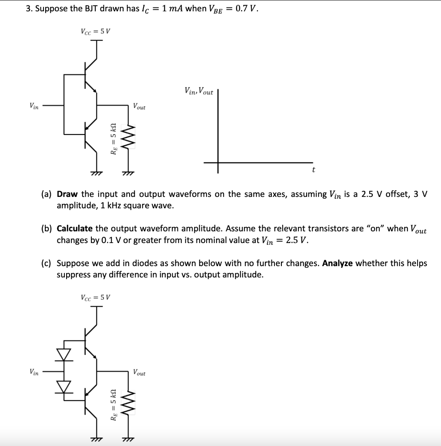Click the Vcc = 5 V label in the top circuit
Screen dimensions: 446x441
point(96,31)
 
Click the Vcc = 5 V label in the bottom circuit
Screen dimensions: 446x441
point(96,297)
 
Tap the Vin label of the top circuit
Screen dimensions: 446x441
point(33,105)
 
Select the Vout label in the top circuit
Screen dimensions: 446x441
point(139,106)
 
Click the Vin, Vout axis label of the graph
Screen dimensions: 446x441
point(199,91)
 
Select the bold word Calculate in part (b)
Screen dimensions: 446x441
point(75,229)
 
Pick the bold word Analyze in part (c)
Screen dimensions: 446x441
point(338,264)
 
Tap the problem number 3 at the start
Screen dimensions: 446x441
point(27,9)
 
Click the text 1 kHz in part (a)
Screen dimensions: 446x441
point(112,205)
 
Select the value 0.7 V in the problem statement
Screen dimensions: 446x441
point(246,9)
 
